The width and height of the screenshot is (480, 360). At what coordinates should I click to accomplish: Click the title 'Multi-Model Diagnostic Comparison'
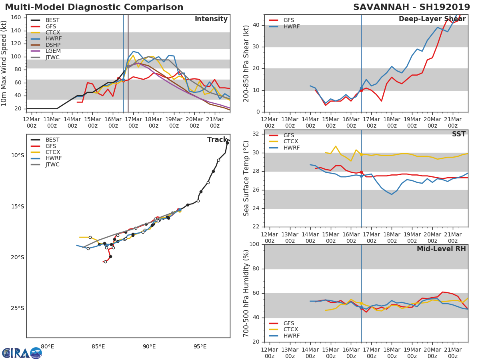point(94,7)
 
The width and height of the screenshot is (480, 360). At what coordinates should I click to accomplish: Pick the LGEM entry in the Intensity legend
point(53,51)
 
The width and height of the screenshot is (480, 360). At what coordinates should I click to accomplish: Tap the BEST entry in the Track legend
point(52,140)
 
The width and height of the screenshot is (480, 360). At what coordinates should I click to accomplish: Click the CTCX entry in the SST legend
point(290,142)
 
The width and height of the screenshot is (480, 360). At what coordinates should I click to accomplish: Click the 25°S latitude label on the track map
point(18,308)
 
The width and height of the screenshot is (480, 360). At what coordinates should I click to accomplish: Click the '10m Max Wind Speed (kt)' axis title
point(4,63)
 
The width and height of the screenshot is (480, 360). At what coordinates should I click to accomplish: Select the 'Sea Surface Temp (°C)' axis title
point(246,178)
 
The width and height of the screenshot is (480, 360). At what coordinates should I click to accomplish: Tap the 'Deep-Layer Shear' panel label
point(432,19)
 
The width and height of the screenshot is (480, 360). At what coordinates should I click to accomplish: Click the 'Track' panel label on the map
point(217,140)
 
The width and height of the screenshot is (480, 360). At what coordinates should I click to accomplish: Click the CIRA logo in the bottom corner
point(22,353)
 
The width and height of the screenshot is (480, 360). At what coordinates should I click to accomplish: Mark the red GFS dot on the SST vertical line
point(361,172)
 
